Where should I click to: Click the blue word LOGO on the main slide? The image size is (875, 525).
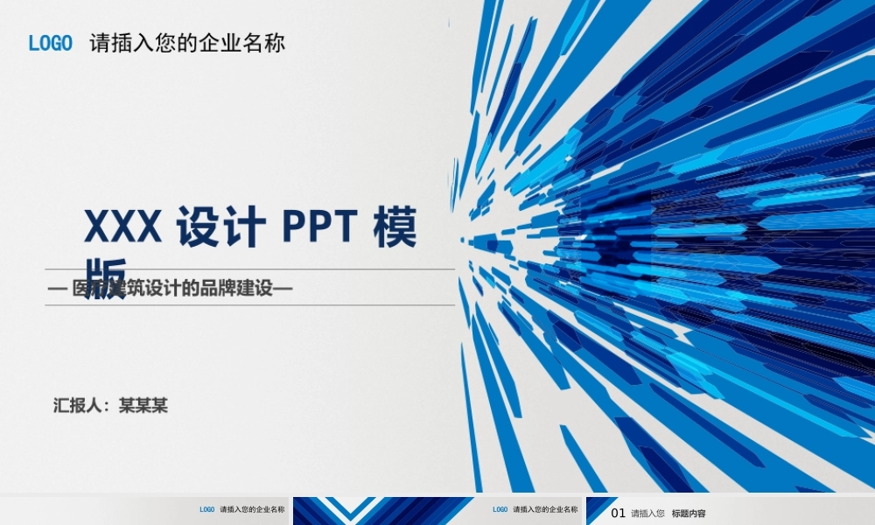pos(50,44)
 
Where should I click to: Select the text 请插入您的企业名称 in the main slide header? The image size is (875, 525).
pos(187,44)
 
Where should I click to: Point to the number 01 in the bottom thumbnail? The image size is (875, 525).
pos(618,514)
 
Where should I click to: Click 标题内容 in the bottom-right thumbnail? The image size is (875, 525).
pos(689,514)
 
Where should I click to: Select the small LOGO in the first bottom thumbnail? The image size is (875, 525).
pos(206,509)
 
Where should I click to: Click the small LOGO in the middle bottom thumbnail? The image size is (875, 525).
pos(500,509)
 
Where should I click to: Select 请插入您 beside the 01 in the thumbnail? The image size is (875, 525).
pos(647,514)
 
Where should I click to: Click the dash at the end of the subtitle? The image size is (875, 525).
pos(283,288)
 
